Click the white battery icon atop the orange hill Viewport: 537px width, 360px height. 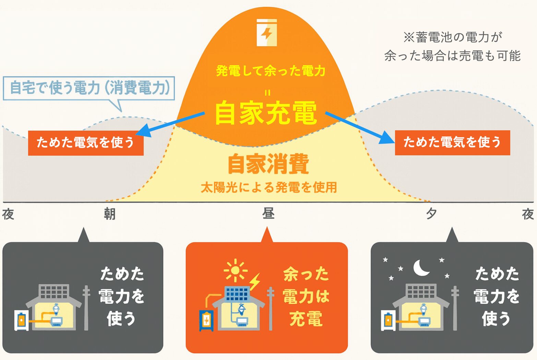point(266,32)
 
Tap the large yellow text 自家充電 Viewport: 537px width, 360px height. point(266,113)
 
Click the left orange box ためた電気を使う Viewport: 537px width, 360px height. point(86,143)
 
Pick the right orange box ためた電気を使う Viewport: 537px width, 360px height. point(452,143)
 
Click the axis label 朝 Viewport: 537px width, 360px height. point(109,214)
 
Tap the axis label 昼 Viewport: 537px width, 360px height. point(268,213)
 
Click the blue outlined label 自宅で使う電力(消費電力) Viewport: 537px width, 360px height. point(89,88)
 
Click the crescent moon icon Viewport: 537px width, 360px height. point(421,267)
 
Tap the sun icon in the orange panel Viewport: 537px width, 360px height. point(236,270)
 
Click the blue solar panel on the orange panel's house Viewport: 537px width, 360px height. point(237,293)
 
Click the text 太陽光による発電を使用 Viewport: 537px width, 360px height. point(269,187)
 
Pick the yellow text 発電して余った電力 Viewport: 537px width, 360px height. point(271,71)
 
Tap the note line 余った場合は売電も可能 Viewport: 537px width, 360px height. point(452,56)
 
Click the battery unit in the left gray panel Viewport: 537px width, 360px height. point(21,321)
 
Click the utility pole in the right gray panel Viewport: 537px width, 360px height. point(455,308)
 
